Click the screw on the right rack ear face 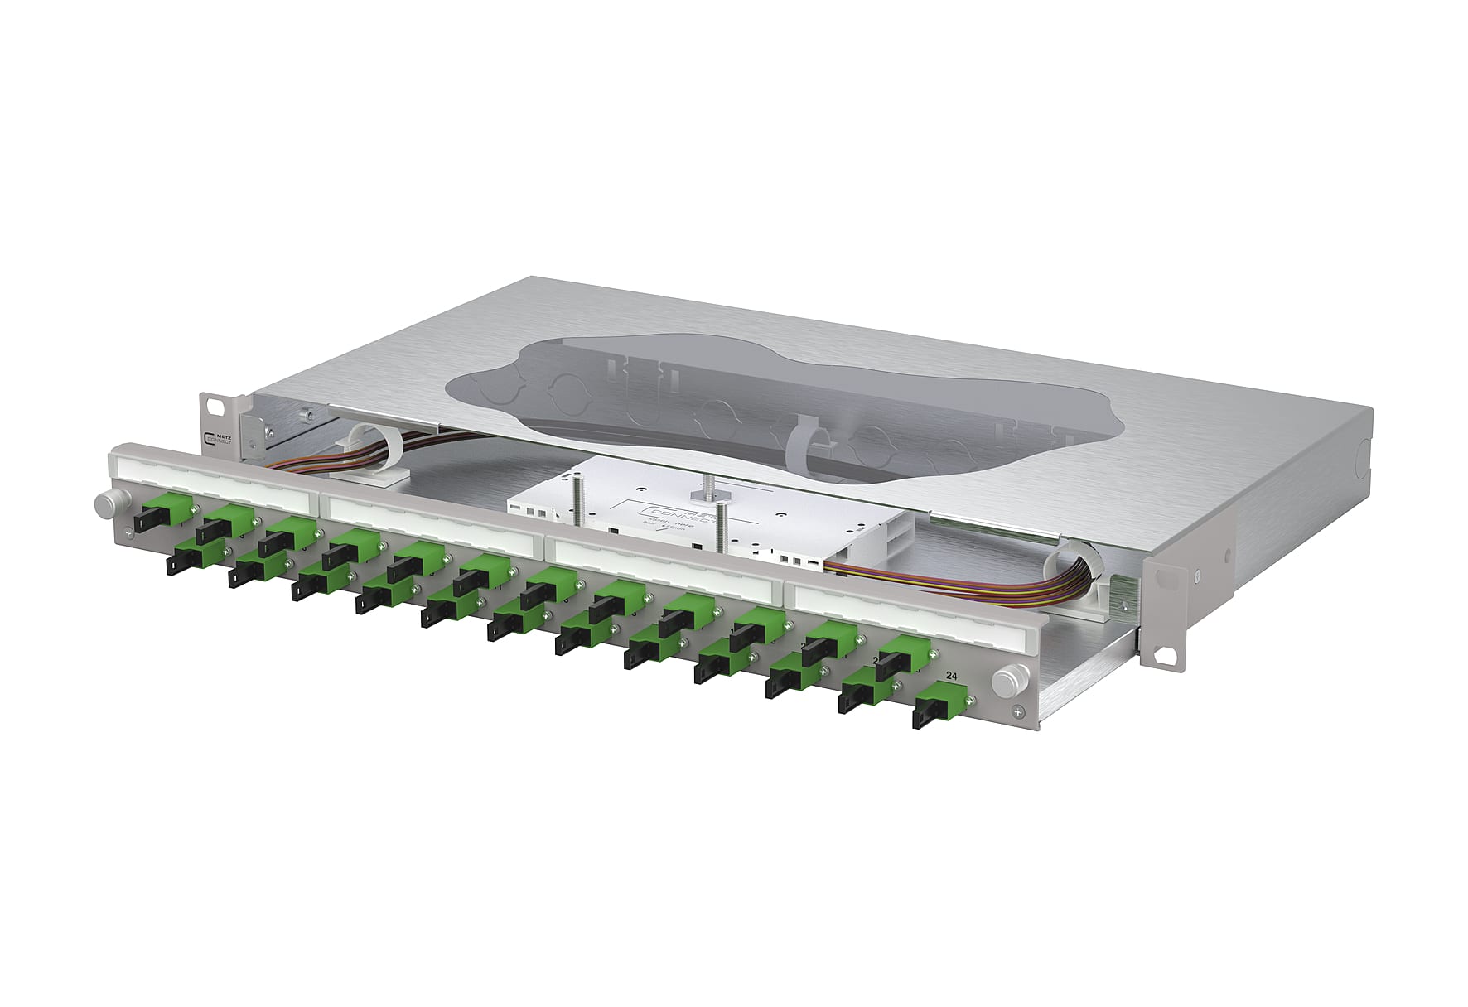click(x=1198, y=575)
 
